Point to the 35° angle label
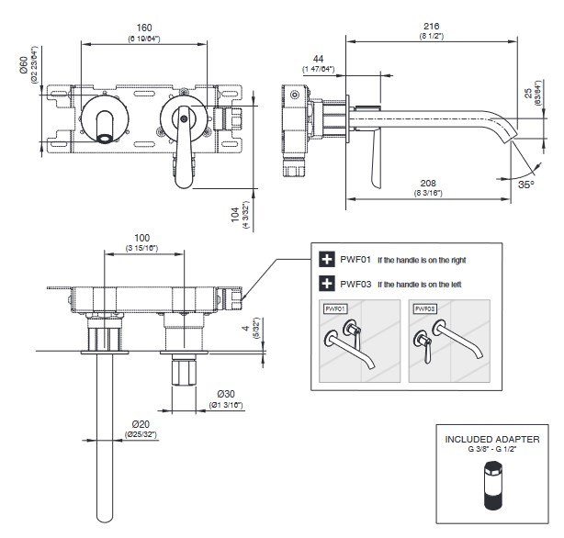pyautogui.click(x=525, y=185)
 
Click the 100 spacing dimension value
pyautogui.click(x=141, y=238)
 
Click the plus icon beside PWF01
pyautogui.click(x=325, y=260)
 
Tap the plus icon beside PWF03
pyautogui.click(x=325, y=284)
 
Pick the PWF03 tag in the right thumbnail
pyautogui.click(x=423, y=309)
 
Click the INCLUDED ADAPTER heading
pyautogui.click(x=492, y=440)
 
